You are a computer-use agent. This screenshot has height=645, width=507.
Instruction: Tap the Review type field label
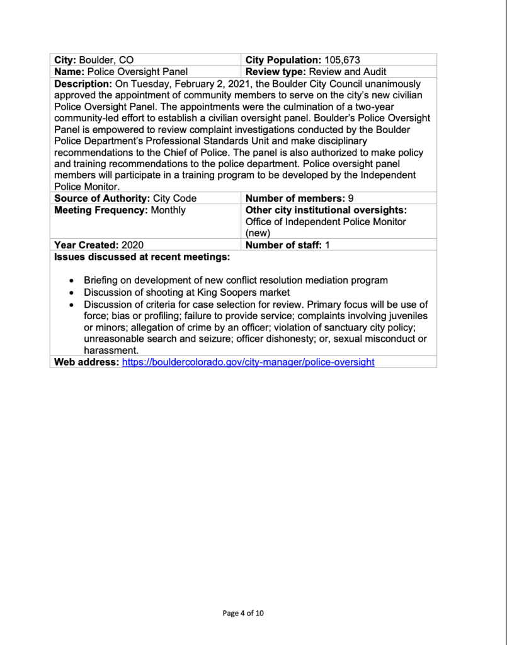click(x=278, y=72)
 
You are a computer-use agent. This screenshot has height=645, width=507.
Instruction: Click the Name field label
click(x=69, y=72)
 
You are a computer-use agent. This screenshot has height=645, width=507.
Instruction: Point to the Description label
click(x=83, y=84)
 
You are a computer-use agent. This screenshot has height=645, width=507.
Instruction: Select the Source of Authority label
click(x=99, y=198)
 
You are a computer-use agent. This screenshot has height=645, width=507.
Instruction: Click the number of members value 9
click(x=341, y=198)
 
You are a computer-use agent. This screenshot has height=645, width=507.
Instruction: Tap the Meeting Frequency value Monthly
click(x=168, y=210)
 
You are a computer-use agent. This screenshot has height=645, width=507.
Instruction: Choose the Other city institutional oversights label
click(x=326, y=210)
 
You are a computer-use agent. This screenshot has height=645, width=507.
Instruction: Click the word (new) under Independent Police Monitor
click(x=258, y=233)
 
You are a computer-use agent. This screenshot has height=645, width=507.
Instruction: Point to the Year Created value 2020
click(x=133, y=245)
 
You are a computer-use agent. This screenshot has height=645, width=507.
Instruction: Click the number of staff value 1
click(x=328, y=245)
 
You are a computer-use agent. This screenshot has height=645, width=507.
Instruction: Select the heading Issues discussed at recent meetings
click(x=142, y=257)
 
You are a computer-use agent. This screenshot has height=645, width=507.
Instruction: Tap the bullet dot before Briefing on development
click(x=72, y=281)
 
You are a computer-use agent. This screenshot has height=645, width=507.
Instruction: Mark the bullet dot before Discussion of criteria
click(x=72, y=305)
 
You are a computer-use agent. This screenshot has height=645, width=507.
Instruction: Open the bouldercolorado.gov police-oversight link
click(x=248, y=362)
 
